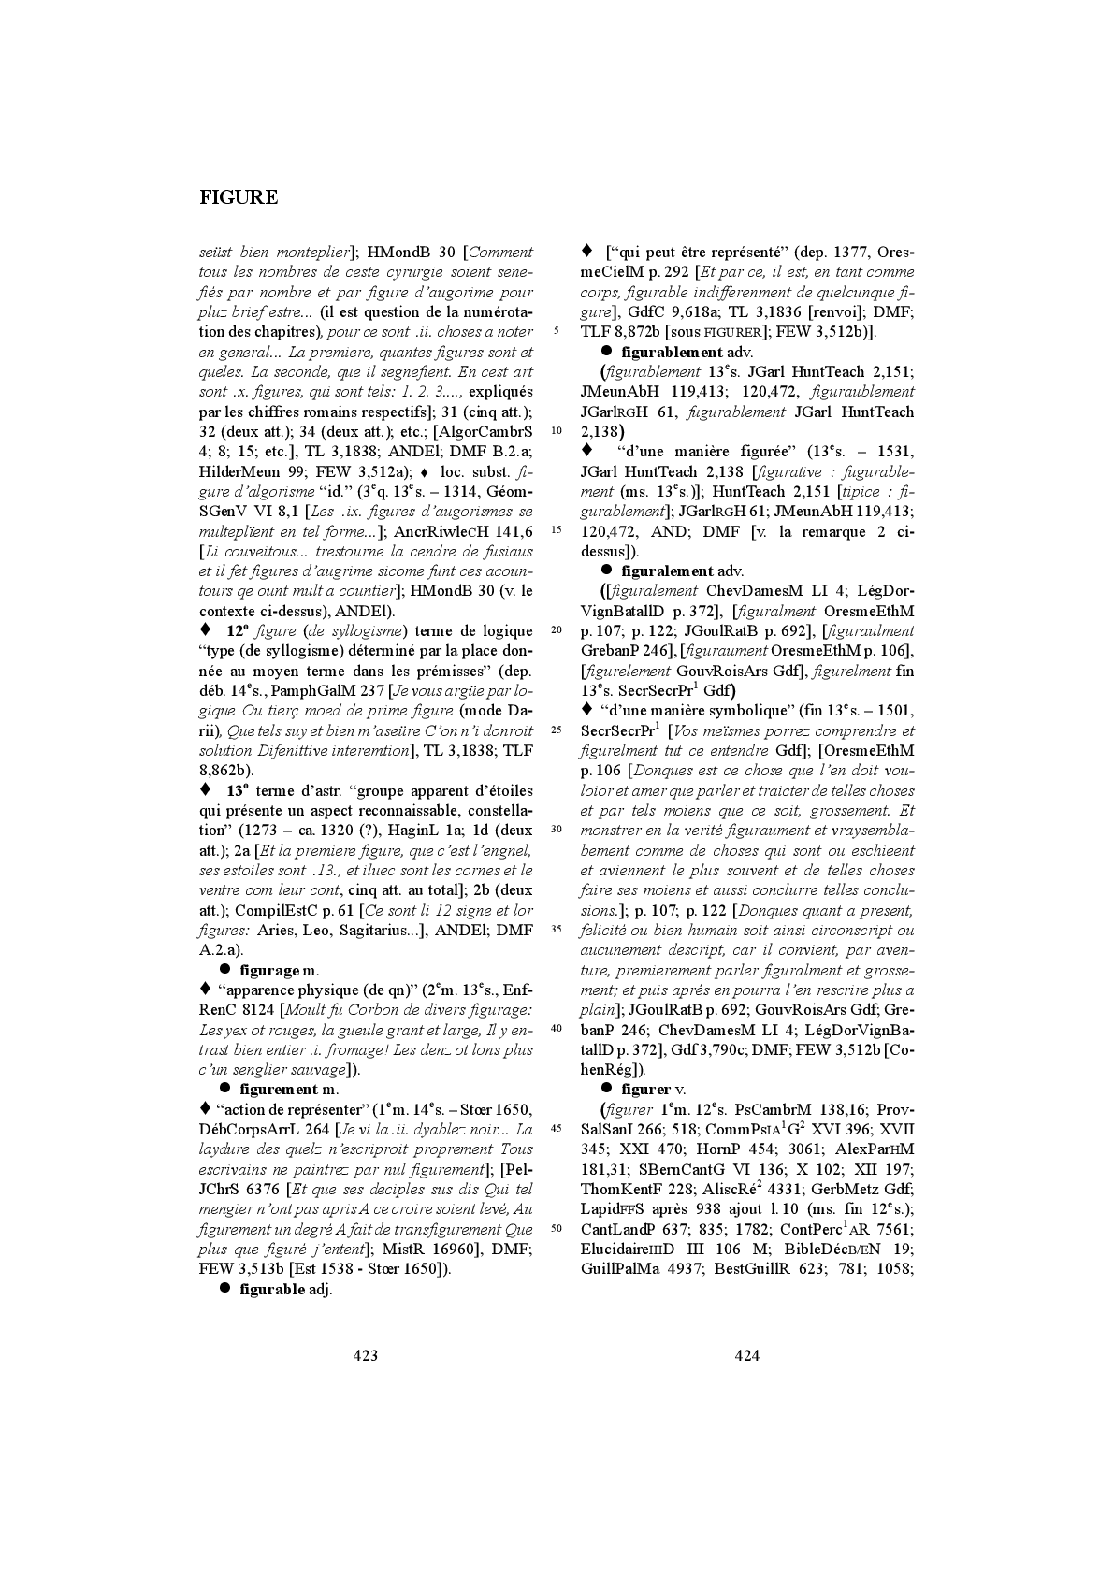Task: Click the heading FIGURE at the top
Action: click(x=239, y=197)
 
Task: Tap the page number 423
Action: click(x=365, y=1355)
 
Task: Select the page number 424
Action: click(x=746, y=1355)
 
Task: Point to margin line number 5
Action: click(x=556, y=331)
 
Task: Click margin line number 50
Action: click(x=557, y=1228)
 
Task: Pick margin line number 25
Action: click(x=557, y=730)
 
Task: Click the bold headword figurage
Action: click(x=269, y=970)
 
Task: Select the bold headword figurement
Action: click(x=279, y=1089)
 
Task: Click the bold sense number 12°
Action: click(x=238, y=630)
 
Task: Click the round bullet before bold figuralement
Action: click(x=606, y=570)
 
